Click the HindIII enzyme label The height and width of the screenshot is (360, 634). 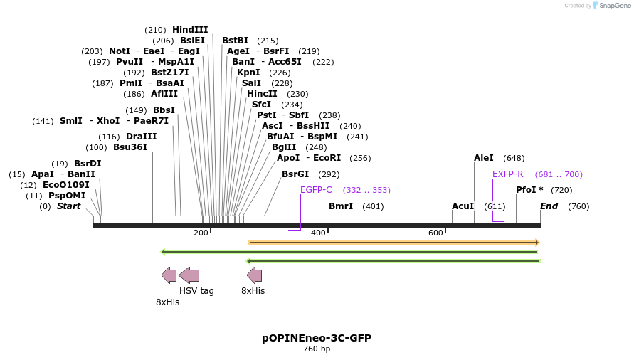pyautogui.click(x=190, y=30)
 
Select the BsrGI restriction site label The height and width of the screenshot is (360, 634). pyautogui.click(x=295, y=174)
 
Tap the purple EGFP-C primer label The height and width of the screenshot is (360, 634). pyautogui.click(x=316, y=190)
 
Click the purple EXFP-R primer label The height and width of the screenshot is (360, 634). pyautogui.click(x=507, y=174)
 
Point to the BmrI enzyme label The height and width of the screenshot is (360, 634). pyautogui.click(x=341, y=206)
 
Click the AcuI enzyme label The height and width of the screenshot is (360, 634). pyautogui.click(x=463, y=206)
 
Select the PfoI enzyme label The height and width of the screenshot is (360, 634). pyautogui.click(x=529, y=190)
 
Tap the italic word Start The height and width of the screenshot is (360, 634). pyautogui.click(x=68, y=206)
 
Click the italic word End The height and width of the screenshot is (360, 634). pyautogui.click(x=549, y=206)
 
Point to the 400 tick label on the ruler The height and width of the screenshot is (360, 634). pyautogui.click(x=318, y=233)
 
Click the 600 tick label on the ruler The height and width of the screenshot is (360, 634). pyautogui.click(x=435, y=233)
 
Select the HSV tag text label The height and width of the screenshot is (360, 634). pyautogui.click(x=196, y=291)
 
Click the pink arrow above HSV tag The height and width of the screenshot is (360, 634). pyautogui.click(x=189, y=275)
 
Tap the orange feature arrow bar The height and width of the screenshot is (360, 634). pyautogui.click(x=393, y=243)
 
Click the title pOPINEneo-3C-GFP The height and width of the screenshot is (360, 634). pyautogui.click(x=317, y=338)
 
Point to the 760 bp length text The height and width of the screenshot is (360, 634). pyautogui.click(x=317, y=349)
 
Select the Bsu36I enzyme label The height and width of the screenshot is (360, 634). pyautogui.click(x=130, y=147)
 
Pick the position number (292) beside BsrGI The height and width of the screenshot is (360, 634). pyautogui.click(x=329, y=174)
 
